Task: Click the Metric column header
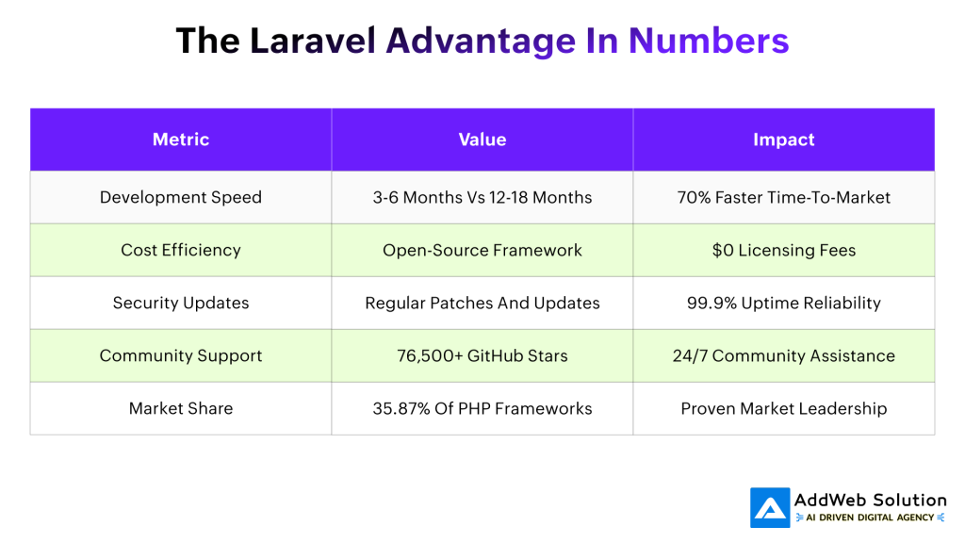coord(181,140)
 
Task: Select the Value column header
coord(482,140)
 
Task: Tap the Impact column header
coord(783,140)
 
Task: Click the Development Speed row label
coord(181,197)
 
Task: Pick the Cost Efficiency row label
coord(181,250)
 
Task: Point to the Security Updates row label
coord(181,303)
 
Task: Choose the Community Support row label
coord(181,355)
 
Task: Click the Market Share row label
coord(181,408)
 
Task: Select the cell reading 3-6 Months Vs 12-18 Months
coord(482,197)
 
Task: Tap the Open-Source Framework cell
coord(482,250)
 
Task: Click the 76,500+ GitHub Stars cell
coord(482,355)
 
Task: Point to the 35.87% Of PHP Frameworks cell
coord(482,408)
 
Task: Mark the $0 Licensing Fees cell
coord(783,250)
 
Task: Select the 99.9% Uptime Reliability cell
coord(783,303)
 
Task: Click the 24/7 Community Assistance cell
coord(783,355)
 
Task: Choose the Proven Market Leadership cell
coord(783,408)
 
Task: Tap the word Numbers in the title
coord(709,41)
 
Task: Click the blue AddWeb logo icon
coord(770,507)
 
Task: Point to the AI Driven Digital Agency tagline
coord(870,518)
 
